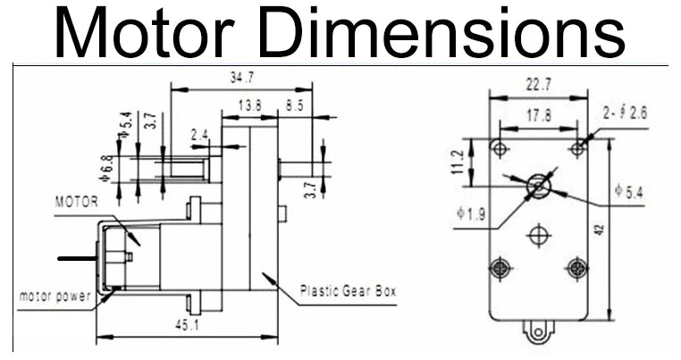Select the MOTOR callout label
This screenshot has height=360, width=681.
point(77,201)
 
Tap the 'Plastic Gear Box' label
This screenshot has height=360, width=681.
point(348,290)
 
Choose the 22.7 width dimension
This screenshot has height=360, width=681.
point(539,86)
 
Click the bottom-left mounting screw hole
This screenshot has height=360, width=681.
point(500,266)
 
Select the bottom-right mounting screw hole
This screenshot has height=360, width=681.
point(577,266)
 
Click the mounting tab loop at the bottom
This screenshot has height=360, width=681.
point(538,332)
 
